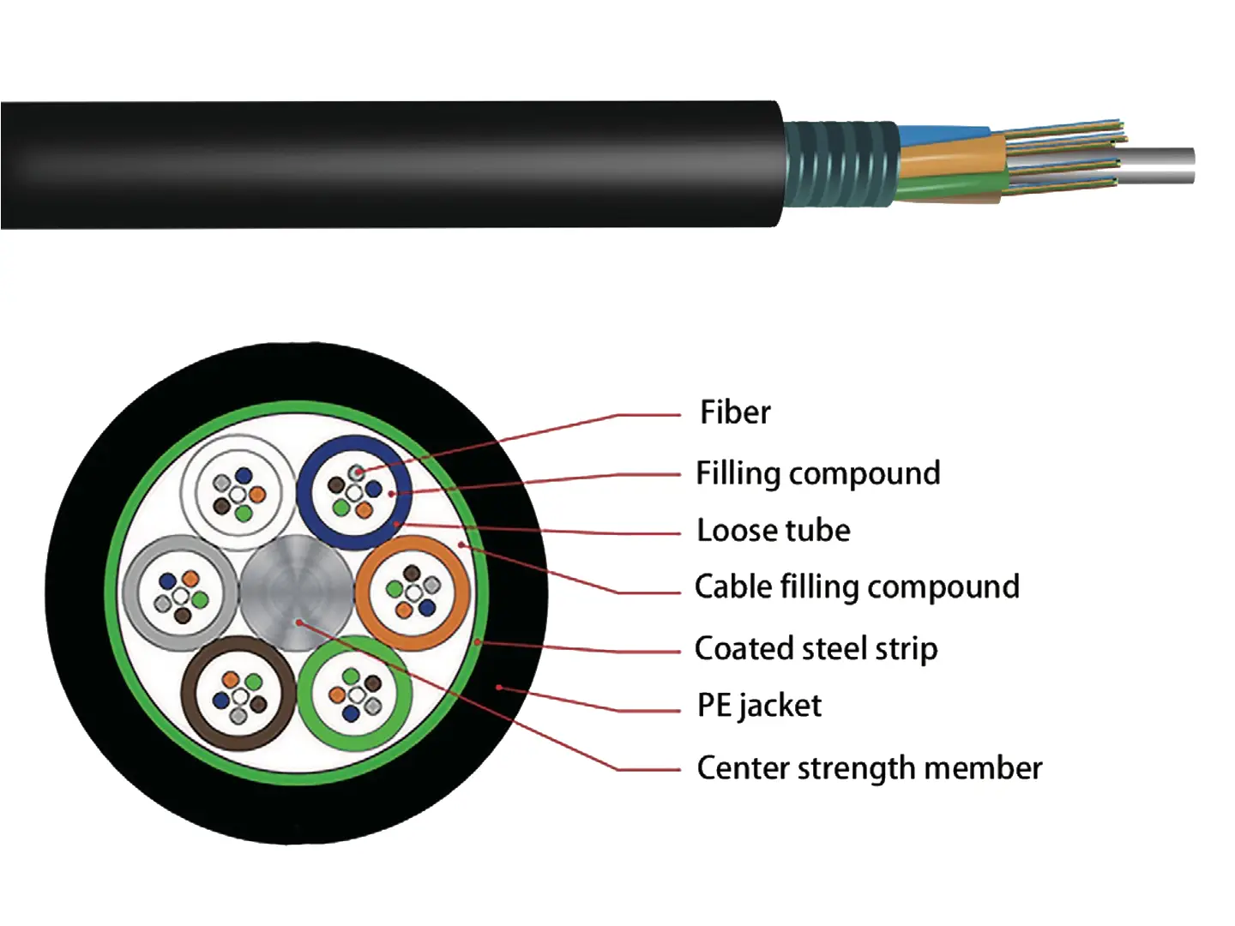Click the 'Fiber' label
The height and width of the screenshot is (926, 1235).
(x=735, y=412)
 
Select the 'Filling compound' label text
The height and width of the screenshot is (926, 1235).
(x=817, y=473)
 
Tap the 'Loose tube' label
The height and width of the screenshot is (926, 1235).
(x=773, y=531)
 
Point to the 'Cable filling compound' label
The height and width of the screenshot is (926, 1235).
(x=857, y=587)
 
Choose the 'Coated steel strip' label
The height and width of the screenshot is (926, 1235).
(x=816, y=649)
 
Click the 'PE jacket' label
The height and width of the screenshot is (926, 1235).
(x=759, y=706)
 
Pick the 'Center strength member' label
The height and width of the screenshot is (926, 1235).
(x=869, y=768)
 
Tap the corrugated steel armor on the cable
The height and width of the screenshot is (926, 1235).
(x=840, y=164)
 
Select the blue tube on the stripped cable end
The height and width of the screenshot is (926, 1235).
(x=935, y=135)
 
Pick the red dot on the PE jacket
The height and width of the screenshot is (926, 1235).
(x=499, y=688)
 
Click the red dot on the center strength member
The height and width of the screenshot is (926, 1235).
(x=298, y=622)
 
